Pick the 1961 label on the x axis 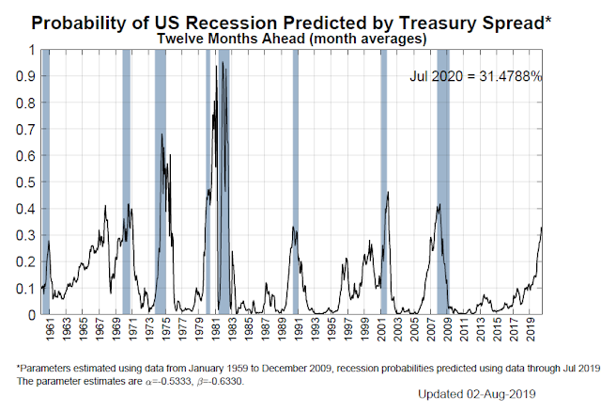click(x=50, y=331)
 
